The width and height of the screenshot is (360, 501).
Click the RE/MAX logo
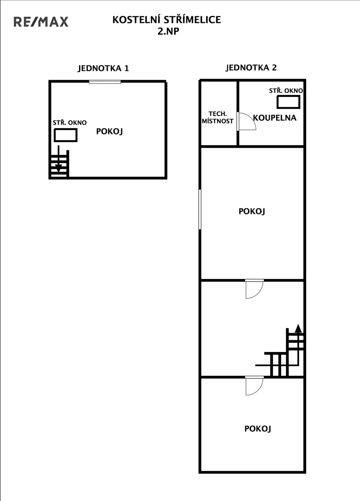point(41,22)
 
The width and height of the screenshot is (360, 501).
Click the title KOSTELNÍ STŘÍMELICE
point(167,20)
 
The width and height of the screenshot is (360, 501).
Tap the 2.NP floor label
point(168,31)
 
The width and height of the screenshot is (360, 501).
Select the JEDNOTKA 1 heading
point(104,68)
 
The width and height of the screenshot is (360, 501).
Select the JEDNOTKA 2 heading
point(251,68)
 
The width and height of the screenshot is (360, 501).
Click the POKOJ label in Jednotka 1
point(109,131)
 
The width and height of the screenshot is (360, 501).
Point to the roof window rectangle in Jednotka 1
point(66,135)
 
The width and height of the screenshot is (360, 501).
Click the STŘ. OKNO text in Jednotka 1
point(70,123)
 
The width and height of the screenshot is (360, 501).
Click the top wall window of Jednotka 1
point(105,82)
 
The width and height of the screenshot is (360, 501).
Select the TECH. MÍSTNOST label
point(218,117)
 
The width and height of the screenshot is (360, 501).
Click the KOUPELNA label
point(275,118)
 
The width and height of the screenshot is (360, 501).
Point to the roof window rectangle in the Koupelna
point(289,102)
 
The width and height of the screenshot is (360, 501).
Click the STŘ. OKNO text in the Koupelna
point(286,91)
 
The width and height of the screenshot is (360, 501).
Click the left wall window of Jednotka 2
point(200,209)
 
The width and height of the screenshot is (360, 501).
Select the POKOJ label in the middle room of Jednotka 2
point(252,211)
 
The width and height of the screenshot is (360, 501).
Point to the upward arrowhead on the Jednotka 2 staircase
point(298,328)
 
